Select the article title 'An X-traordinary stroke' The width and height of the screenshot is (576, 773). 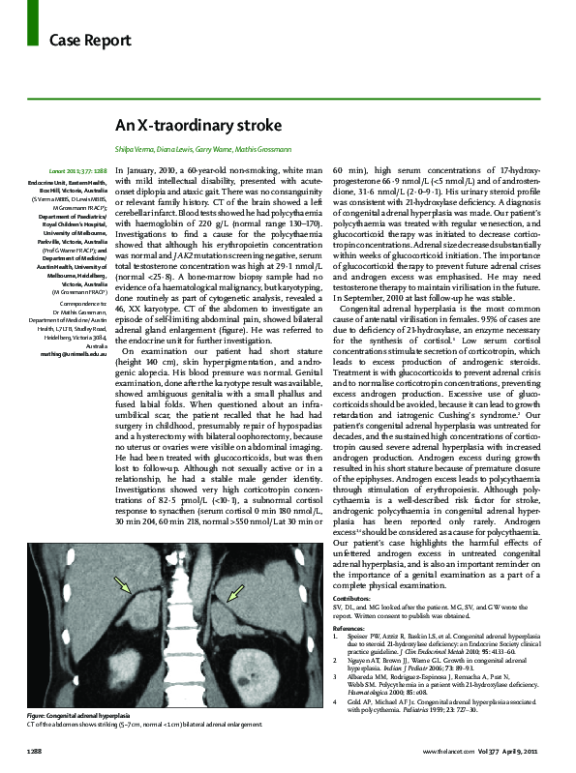198,126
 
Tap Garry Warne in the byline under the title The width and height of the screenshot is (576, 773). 238,151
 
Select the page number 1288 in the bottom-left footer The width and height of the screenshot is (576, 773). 33,751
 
